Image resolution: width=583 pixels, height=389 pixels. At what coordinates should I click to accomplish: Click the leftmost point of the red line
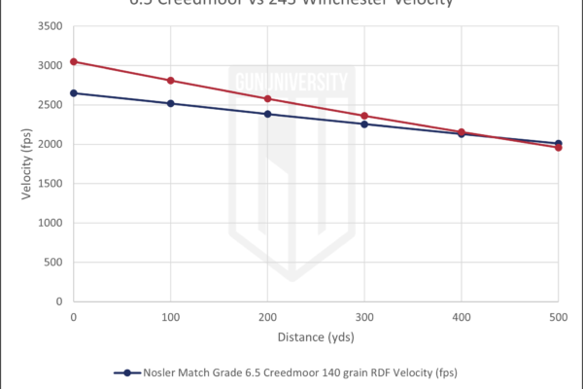click(x=73, y=61)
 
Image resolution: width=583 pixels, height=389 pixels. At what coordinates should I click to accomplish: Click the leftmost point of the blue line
click(x=73, y=92)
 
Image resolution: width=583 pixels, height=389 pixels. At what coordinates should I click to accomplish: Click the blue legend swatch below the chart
click(x=127, y=378)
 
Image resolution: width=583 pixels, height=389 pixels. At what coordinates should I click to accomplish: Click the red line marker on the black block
click(x=267, y=99)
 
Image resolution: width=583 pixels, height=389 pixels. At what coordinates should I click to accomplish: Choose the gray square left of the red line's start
click(x=53, y=84)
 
